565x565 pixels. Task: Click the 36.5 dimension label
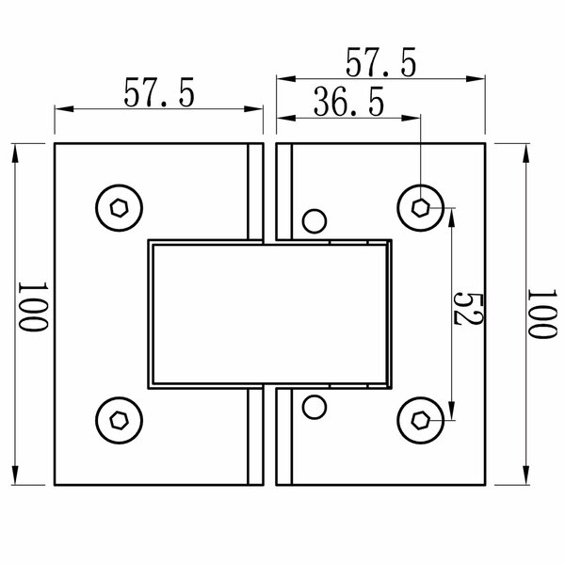[348, 102]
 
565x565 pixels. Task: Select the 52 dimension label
[468, 309]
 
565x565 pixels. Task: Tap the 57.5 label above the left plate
[159, 92]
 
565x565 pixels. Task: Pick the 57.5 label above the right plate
[380, 62]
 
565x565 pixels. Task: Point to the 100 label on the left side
[33, 307]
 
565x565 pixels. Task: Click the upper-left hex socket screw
[119, 208]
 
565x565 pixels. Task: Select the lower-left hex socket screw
[119, 420]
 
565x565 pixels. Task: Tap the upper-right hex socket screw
[421, 208]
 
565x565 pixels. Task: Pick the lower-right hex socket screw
[421, 420]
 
